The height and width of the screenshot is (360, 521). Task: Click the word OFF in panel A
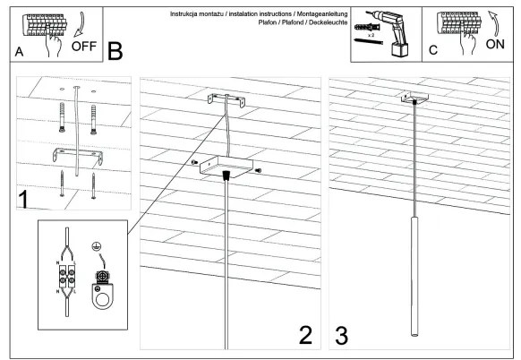[85, 45]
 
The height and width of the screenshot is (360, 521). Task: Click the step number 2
[306, 335]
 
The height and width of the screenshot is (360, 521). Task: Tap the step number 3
[342, 335]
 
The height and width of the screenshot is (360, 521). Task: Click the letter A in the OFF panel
[20, 53]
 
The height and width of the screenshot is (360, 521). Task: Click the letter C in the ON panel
[433, 51]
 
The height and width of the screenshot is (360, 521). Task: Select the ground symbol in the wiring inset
[95, 246]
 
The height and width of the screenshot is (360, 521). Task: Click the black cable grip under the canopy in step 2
[228, 176]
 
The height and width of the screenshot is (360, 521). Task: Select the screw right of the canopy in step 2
[258, 170]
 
